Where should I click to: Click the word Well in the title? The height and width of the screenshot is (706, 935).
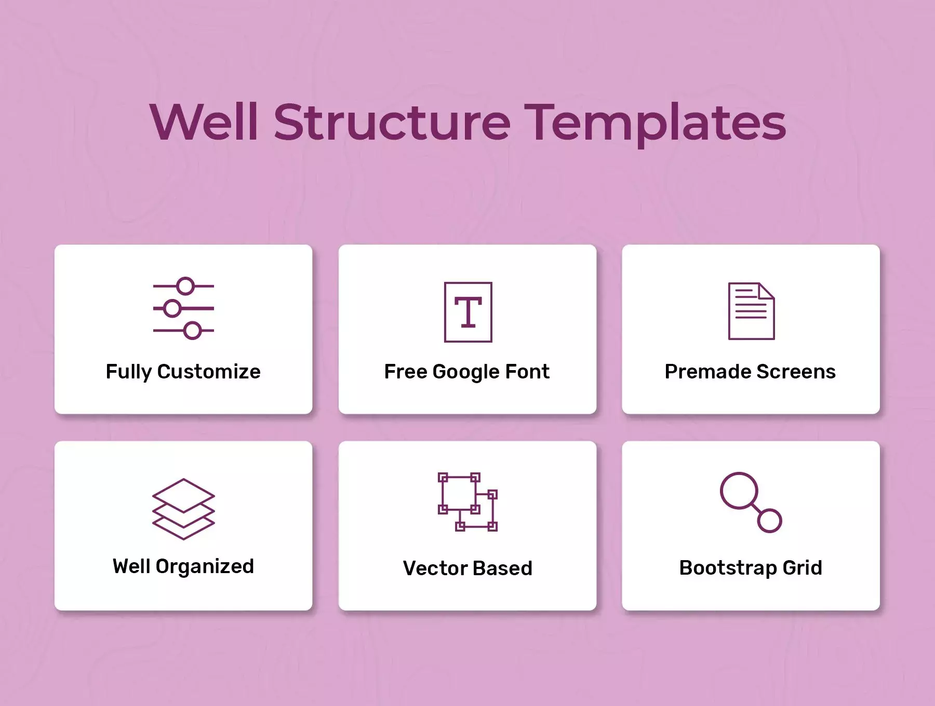pyautogui.click(x=204, y=122)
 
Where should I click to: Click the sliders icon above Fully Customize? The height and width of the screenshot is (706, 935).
pyautogui.click(x=183, y=308)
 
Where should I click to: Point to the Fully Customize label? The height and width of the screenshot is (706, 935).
pyautogui.click(x=183, y=372)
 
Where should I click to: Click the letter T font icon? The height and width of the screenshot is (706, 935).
pyautogui.click(x=468, y=312)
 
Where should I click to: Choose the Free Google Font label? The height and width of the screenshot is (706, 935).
pyautogui.click(x=467, y=372)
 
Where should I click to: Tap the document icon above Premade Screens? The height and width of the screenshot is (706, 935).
pyautogui.click(x=751, y=311)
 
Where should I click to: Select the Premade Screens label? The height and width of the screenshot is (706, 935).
pyautogui.click(x=751, y=372)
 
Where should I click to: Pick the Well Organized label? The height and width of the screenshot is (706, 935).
pyautogui.click(x=183, y=566)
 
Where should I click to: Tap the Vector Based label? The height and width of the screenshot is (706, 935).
pyautogui.click(x=468, y=568)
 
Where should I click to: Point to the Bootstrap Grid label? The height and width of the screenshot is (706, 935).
pyautogui.click(x=751, y=568)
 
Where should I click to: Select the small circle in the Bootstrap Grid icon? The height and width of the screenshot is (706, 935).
pyautogui.click(x=769, y=520)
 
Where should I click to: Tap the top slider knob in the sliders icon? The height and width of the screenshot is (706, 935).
pyautogui.click(x=185, y=286)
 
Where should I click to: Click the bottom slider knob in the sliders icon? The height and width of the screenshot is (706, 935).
pyautogui.click(x=192, y=331)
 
